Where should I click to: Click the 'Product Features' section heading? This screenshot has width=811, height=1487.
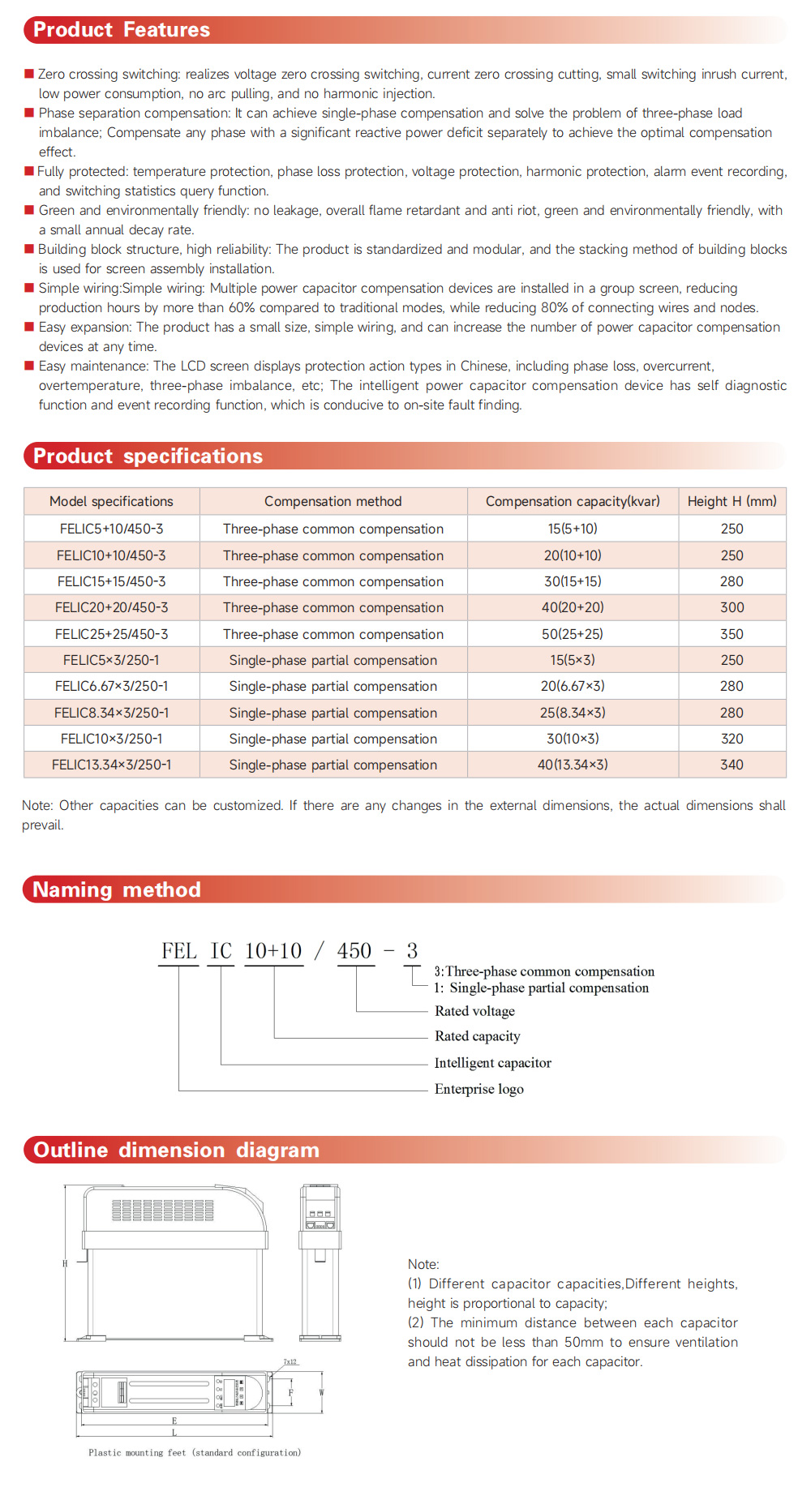click(122, 30)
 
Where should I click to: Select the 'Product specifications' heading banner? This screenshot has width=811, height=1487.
click(148, 456)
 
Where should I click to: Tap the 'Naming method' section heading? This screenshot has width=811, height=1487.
click(116, 889)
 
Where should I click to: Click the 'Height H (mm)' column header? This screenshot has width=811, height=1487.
click(732, 501)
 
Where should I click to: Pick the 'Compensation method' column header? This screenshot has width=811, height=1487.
click(333, 501)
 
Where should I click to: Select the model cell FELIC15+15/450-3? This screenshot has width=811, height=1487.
click(111, 581)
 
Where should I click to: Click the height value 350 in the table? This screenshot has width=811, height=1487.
click(732, 634)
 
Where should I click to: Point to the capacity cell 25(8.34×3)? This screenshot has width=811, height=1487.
click(573, 713)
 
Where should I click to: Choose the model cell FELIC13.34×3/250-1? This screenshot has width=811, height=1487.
click(111, 765)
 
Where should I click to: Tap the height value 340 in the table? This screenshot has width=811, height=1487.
click(732, 765)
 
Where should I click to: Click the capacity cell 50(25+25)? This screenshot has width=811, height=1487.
click(573, 634)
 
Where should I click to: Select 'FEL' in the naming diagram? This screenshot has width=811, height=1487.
click(179, 951)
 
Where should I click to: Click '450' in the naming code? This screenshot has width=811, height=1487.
click(354, 951)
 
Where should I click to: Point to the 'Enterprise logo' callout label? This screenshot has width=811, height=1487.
click(478, 1089)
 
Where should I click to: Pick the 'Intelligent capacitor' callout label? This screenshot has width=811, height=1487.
click(492, 1063)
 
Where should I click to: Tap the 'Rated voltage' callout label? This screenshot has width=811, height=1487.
click(474, 1011)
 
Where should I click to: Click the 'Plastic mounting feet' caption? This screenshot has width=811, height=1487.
click(195, 1452)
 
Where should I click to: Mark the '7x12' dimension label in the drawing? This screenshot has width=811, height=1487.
click(290, 1362)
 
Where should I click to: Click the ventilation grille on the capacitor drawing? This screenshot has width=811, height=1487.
click(163, 1211)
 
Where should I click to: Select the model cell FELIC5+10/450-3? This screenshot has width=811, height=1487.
click(111, 529)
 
